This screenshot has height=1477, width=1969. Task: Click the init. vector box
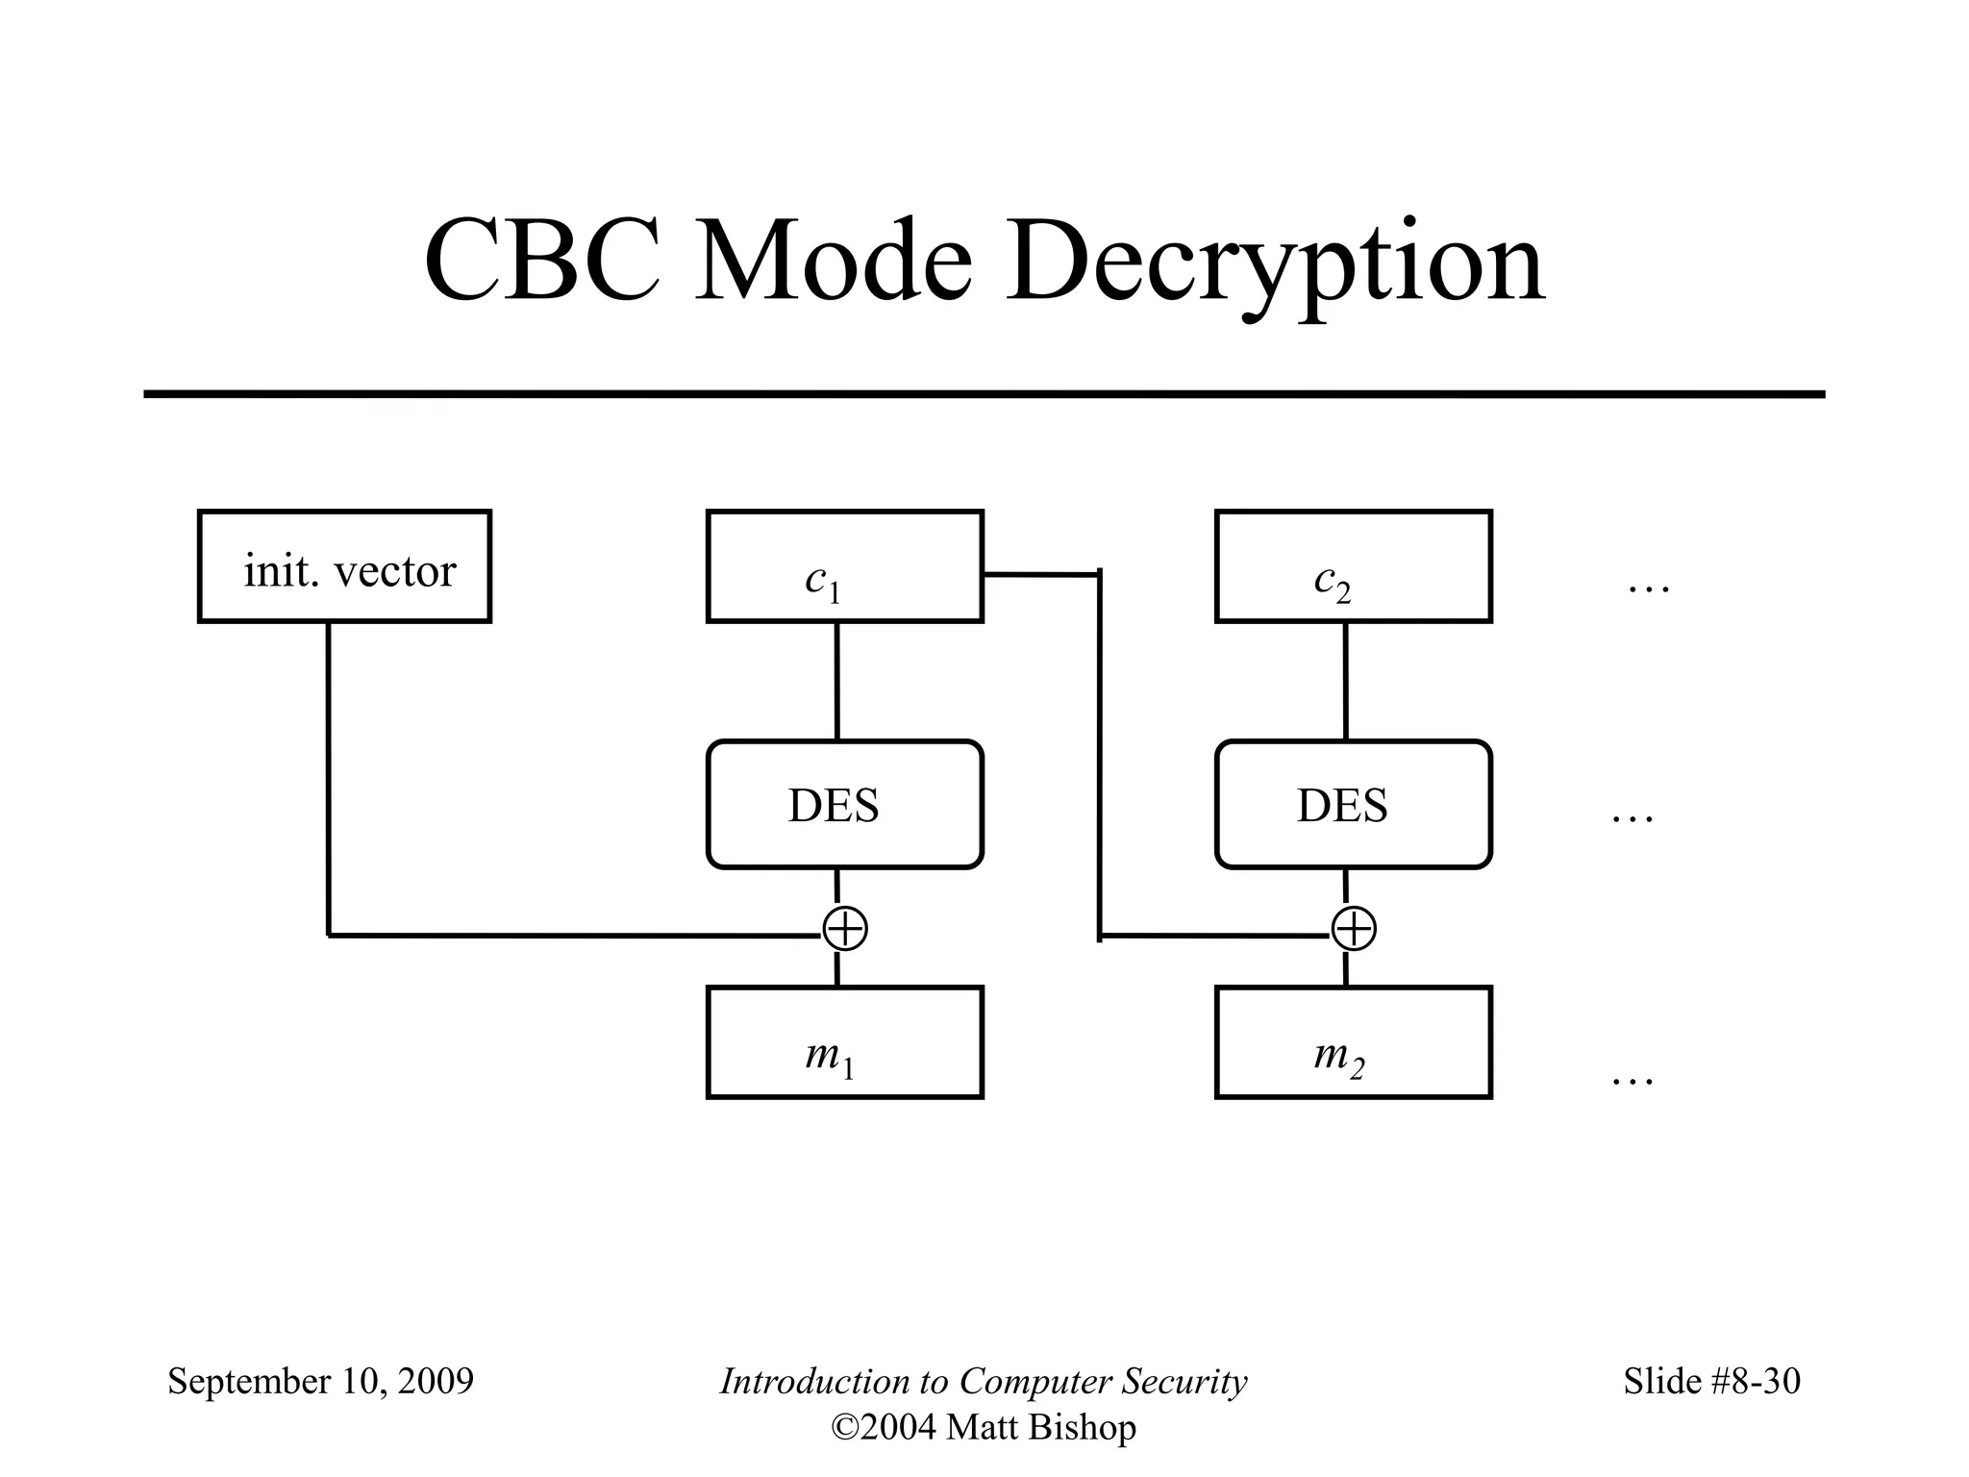point(344,566)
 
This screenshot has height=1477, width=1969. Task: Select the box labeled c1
point(844,566)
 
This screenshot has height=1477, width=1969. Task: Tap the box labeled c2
point(1353,566)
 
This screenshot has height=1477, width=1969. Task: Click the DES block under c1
point(844,805)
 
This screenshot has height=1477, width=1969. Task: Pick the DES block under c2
point(1353,805)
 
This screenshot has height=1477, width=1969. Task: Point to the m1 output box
point(844,1042)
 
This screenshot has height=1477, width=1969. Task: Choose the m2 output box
point(1353,1042)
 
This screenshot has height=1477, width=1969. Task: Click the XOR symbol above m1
point(845,929)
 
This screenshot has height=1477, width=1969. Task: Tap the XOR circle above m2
point(1354,929)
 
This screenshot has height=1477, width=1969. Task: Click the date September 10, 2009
point(320,1381)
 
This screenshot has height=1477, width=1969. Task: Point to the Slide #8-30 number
point(1711,1381)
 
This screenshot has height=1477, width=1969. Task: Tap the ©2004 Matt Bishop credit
point(983,1427)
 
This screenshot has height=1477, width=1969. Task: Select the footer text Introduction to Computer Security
point(983,1381)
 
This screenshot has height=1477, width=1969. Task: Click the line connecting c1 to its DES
point(836,681)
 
